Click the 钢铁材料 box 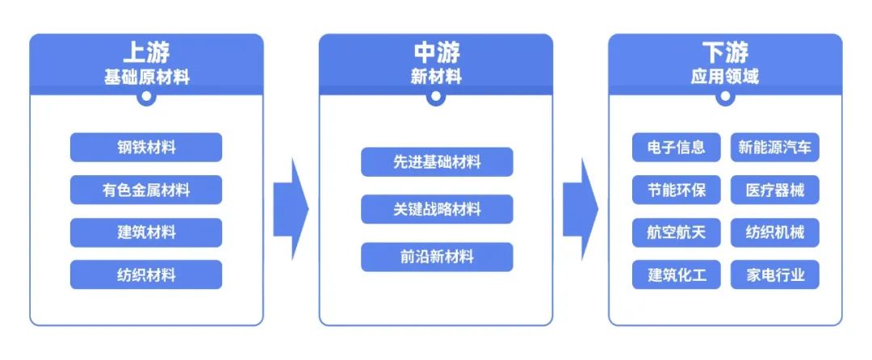pos(146,148)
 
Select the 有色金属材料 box pos(146,190)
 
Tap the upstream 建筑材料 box pos(146,232)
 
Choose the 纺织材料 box pos(146,275)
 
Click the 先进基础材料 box pos(437,162)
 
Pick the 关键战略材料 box pos(437,209)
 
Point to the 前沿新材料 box pos(437,257)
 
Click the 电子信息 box pos(677,148)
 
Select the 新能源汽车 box pos(775,148)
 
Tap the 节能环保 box pos(677,190)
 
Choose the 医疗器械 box pos(775,190)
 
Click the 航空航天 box pos(677,232)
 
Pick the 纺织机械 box pos(775,232)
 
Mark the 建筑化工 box pos(677,275)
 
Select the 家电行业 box pos(775,275)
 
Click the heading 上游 pos(146,53)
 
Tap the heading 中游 pos(437,53)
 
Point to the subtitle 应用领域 pos(725,77)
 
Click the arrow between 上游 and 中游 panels pos(291,209)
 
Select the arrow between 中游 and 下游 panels pos(581,209)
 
